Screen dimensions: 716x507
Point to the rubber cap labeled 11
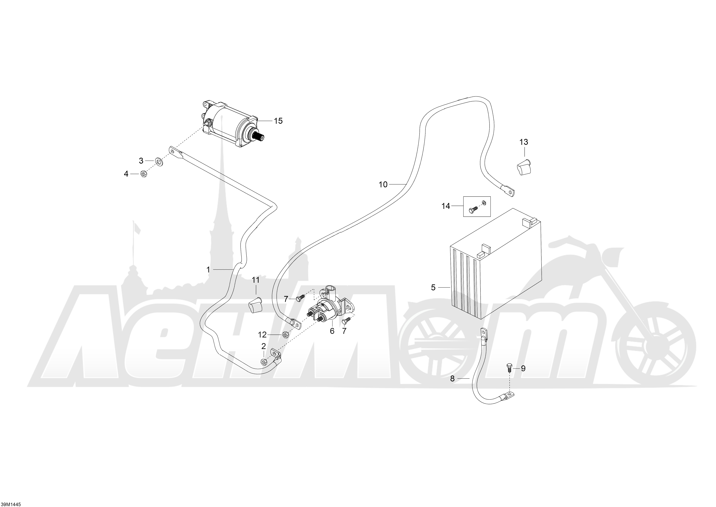[255, 305]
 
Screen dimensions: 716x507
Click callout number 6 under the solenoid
[332, 331]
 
